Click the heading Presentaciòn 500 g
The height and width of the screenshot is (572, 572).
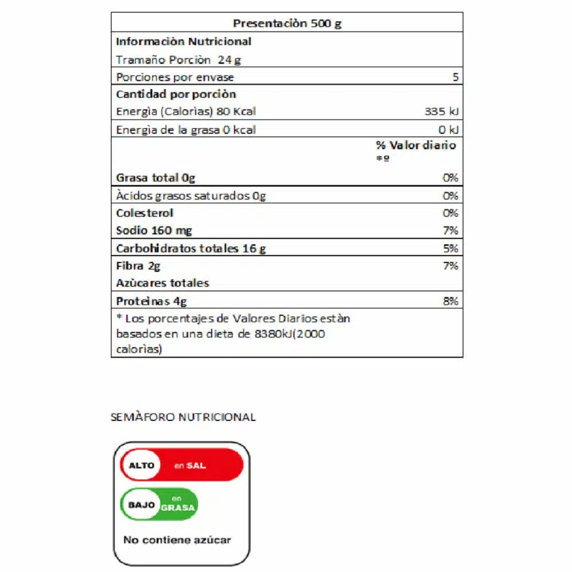[x=287, y=24]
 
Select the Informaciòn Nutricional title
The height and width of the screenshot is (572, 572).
[x=184, y=42]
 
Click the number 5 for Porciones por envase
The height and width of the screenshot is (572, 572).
[x=455, y=78]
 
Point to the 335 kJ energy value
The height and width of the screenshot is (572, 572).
[x=442, y=112]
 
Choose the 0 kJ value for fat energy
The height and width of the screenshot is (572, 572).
[x=449, y=130]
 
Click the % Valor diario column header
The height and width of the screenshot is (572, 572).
[x=416, y=145]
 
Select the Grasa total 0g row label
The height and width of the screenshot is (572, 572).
[x=156, y=178]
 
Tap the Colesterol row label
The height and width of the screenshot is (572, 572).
[x=145, y=213]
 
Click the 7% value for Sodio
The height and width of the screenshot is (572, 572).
[x=451, y=231]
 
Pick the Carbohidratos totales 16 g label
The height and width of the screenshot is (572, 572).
[x=191, y=249]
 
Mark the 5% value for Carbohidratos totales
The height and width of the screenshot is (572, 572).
[x=451, y=249]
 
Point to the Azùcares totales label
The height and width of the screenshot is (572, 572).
[x=162, y=283]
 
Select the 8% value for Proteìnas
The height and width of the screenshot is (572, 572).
[x=451, y=301]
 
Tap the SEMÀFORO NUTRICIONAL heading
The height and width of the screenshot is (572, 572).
[x=183, y=417]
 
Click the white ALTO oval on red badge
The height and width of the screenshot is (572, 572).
[x=141, y=466]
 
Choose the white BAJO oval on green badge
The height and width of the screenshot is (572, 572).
[x=141, y=505]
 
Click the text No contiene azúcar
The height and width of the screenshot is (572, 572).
[x=177, y=540]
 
